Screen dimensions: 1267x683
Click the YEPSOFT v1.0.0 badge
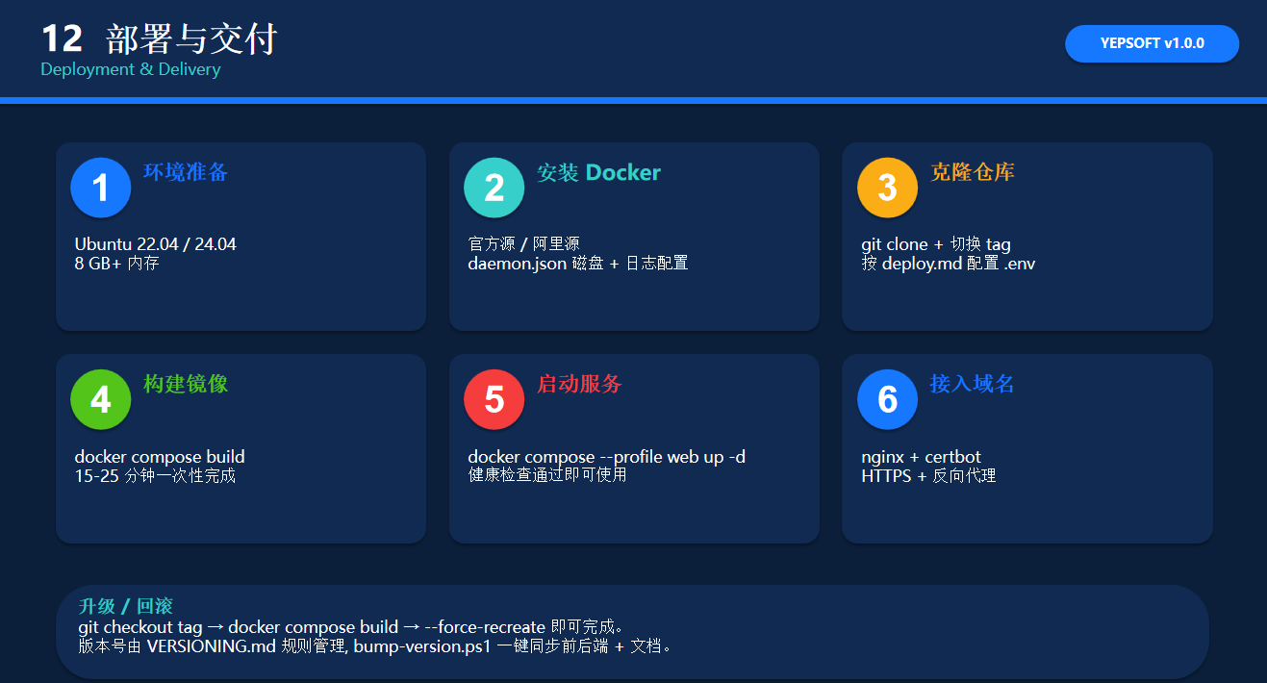coord(1152,43)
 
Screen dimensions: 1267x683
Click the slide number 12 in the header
coord(63,38)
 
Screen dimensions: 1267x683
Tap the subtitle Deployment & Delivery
coord(131,69)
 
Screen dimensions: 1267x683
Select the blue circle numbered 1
coord(101,188)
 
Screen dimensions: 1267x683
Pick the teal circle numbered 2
coord(494,188)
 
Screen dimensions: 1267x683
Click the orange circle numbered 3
coord(887,188)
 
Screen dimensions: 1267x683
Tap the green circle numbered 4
coord(101,399)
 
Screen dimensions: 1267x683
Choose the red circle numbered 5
coord(494,399)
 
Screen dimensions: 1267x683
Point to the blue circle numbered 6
coord(887,399)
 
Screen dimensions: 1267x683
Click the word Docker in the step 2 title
coord(622,172)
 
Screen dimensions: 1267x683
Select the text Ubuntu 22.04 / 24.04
coord(156,244)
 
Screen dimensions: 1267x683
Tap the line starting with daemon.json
coord(578,264)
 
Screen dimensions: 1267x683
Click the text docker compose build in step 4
coord(160,456)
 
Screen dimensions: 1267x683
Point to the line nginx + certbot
coord(921,456)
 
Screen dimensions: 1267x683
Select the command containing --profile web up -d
coord(606,456)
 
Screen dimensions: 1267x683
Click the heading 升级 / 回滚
coord(126,606)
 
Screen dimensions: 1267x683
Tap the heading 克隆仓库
coord(973,172)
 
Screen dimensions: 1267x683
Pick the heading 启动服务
coord(579,384)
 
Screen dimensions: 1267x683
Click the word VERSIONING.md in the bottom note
coord(211,645)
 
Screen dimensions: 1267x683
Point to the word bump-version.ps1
coord(422,646)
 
